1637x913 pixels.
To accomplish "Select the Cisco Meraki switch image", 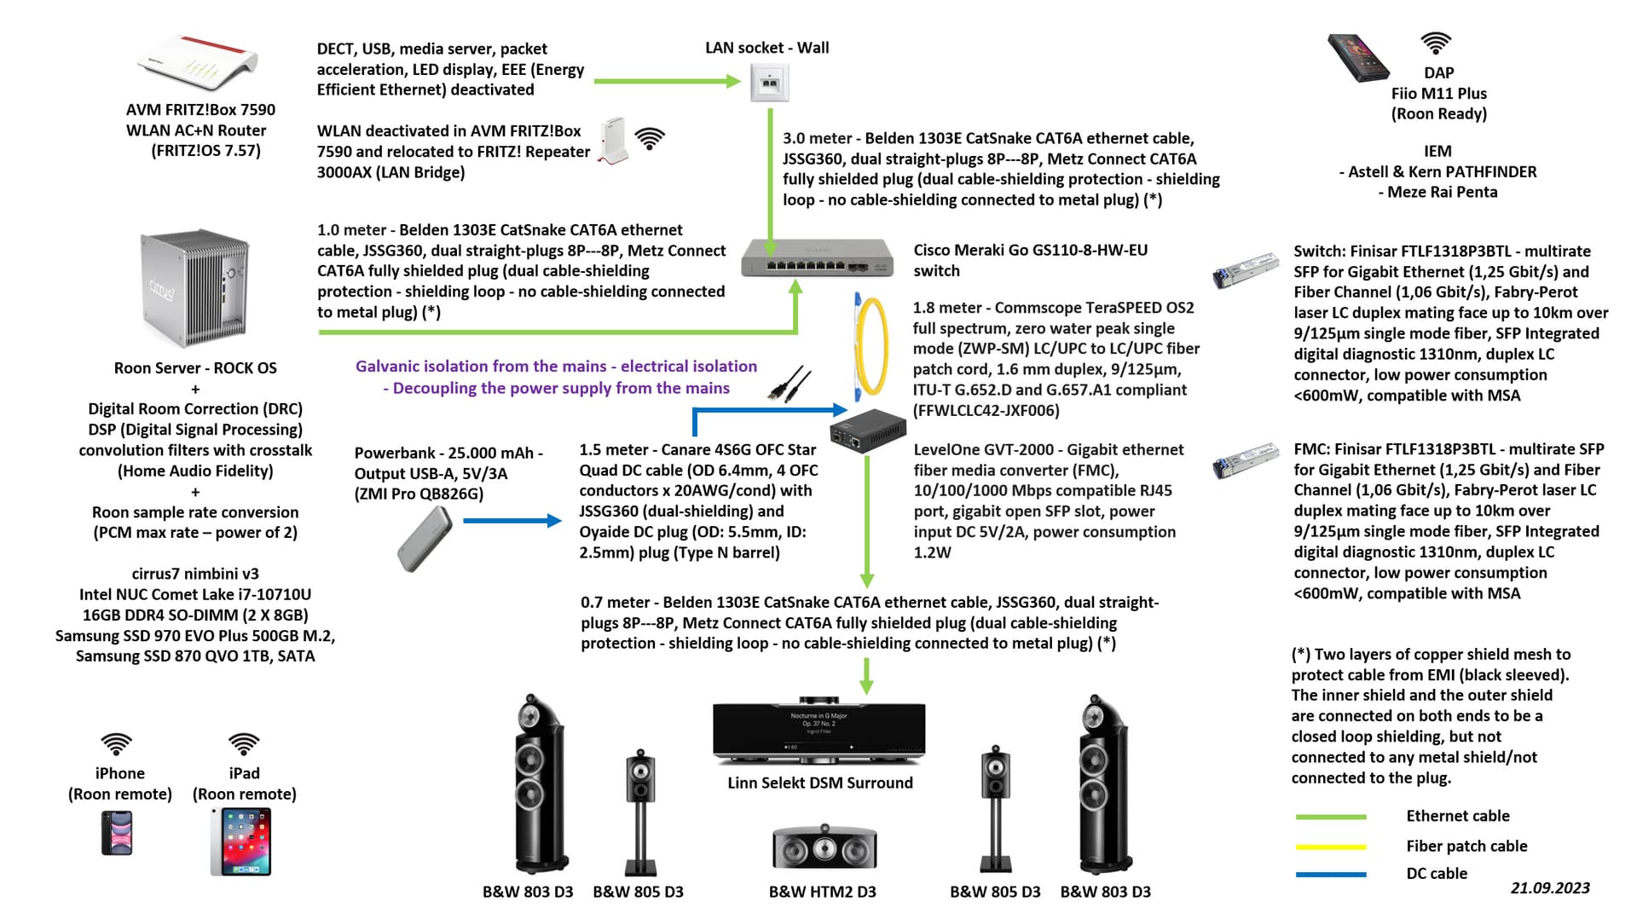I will tap(817, 257).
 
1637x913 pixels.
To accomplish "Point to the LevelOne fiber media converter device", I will tap(868, 431).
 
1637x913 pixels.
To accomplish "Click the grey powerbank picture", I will tap(425, 539).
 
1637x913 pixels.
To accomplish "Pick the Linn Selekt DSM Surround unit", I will tap(818, 732).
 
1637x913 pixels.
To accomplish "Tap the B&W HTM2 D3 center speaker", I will tap(824, 847).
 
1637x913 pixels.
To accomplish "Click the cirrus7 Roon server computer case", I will tap(195, 287).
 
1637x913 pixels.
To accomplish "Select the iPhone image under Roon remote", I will tap(118, 832).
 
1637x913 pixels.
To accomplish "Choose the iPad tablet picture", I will tap(241, 842).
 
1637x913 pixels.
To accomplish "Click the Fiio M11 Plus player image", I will tap(1358, 58).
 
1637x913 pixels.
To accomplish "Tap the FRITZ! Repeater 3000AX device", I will tap(613, 141).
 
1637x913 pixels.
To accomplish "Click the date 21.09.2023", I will tap(1549, 888).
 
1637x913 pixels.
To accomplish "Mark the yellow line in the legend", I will tap(1330, 847).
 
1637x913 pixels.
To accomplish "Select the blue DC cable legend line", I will tap(1330, 875).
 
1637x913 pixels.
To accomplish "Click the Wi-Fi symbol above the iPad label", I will tap(244, 744).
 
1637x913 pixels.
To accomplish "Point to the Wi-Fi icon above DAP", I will tap(1436, 43).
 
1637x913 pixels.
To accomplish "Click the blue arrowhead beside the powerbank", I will tap(554, 521).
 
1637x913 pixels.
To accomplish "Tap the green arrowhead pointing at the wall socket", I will tap(732, 81).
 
